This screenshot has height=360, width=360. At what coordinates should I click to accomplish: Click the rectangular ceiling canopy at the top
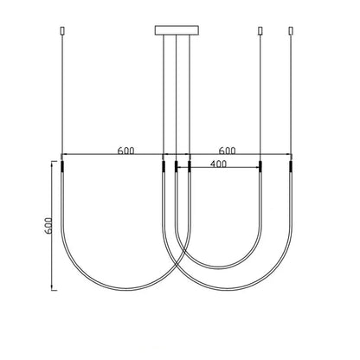tap(177, 30)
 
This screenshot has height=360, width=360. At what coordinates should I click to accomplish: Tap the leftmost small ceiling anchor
tap(61, 31)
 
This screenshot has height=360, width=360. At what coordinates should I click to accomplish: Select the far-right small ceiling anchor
tap(291, 31)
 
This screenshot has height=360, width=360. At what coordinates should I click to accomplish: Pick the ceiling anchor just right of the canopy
tap(260, 31)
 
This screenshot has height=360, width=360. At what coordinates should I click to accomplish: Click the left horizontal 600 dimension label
tap(125, 151)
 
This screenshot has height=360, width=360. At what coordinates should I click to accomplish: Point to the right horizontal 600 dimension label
tap(227, 151)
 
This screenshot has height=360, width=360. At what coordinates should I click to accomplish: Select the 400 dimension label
tap(218, 164)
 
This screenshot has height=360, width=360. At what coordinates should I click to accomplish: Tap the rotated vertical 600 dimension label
tap(48, 225)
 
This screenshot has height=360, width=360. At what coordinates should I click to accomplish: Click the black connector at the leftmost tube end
tap(61, 167)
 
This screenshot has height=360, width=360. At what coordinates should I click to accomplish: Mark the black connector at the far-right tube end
tap(291, 167)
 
